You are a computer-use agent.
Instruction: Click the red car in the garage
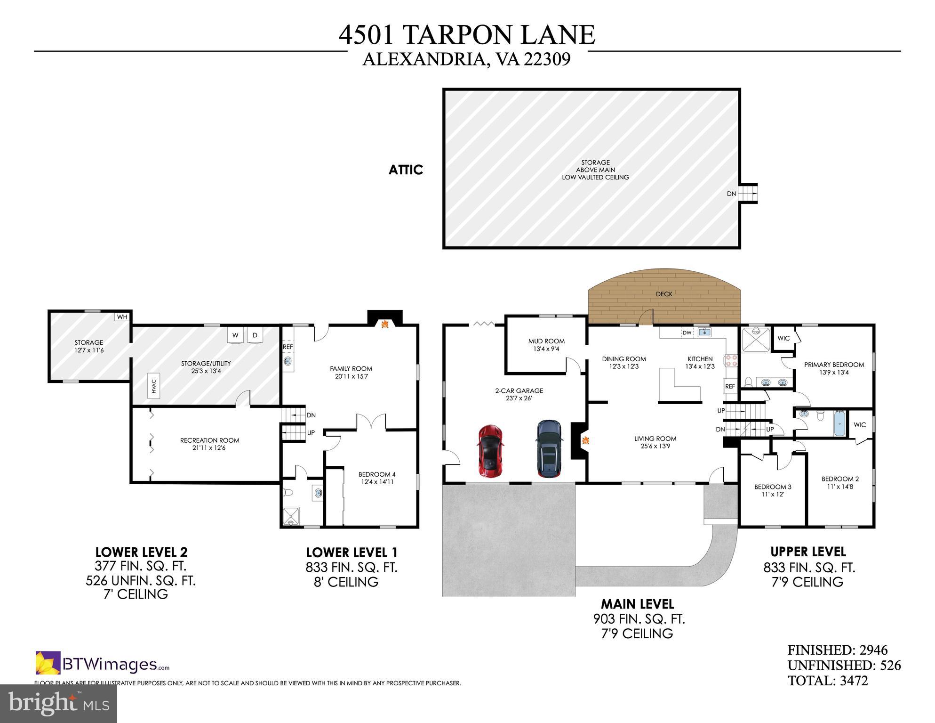pyautogui.click(x=490, y=451)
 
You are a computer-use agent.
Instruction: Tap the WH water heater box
pyautogui.click(x=122, y=317)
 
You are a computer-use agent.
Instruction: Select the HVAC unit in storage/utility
pyautogui.click(x=154, y=387)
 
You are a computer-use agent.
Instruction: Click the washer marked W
pyautogui.click(x=235, y=335)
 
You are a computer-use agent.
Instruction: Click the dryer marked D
pyautogui.click(x=255, y=335)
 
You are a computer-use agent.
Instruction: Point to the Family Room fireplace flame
pyautogui.click(x=384, y=324)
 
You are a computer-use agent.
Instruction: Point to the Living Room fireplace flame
pyautogui.click(x=586, y=441)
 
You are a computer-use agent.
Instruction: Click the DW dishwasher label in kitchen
pyautogui.click(x=687, y=333)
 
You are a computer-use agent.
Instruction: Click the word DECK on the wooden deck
pyautogui.click(x=664, y=294)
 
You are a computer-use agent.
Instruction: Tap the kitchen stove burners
pyautogui.click(x=732, y=360)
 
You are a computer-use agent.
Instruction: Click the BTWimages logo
pyautogui.click(x=103, y=664)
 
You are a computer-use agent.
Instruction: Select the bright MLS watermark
pyautogui.click(x=58, y=704)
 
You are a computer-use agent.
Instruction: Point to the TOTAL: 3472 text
pyautogui.click(x=828, y=681)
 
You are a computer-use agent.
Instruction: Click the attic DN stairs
pyautogui.click(x=747, y=194)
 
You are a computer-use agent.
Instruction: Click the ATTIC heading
pyautogui.click(x=406, y=170)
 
